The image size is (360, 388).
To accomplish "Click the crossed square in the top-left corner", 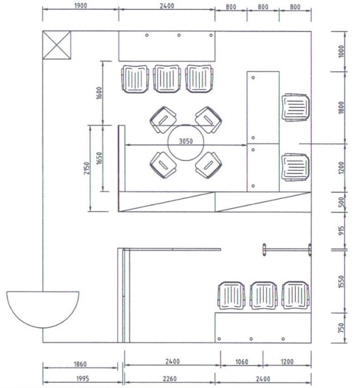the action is point(57,45).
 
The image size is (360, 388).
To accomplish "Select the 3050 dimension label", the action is point(186,141).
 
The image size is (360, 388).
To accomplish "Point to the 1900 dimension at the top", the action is point(81,5).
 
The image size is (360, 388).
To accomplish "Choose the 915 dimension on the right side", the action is point(341,230).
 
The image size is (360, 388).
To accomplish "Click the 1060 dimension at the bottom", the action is point(242,362).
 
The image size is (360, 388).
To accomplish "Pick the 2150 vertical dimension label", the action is point(86,168).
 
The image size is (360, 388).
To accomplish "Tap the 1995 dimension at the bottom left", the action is point(82,379).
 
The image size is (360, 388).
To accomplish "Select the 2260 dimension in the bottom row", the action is point(170,379).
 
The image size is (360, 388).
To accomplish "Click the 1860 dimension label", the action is point(81,364).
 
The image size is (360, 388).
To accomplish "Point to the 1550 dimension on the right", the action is point(341,281).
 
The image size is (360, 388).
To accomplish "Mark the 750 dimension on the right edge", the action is point(341,328).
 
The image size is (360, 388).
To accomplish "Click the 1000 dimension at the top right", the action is point(341,51).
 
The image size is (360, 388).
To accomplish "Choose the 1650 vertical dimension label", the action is point(99,158).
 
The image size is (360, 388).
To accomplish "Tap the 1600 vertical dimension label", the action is point(99,93).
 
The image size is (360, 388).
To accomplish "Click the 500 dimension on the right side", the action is point(341,202).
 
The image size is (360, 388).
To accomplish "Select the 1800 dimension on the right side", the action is point(341,108).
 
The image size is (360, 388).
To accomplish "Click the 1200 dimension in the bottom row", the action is point(287,362).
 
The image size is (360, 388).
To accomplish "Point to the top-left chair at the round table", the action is point(163,120).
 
